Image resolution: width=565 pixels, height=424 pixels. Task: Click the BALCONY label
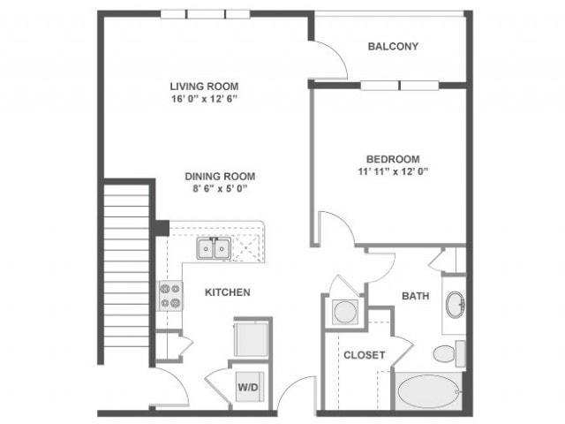393,46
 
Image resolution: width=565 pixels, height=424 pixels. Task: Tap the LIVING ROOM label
204,86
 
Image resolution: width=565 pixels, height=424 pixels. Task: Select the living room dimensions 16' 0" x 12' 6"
204,99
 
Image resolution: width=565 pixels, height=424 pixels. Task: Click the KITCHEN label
228,291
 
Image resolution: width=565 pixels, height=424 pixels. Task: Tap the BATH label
415,296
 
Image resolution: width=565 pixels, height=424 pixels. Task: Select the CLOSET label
364,355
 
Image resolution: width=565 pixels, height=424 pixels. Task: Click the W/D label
247,385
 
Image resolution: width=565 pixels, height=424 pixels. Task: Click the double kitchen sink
213,248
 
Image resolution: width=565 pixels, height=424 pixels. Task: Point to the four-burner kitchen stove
169,296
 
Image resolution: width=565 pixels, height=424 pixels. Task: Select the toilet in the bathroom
446,353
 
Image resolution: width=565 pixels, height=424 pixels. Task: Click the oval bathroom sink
456,306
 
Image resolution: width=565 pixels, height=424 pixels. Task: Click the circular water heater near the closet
343,312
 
